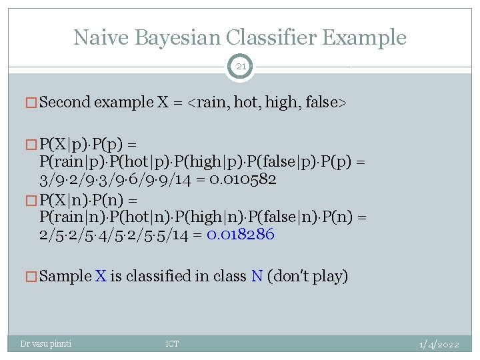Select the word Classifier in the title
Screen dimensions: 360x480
tap(282, 37)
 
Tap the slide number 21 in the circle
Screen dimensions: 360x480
tap(240, 66)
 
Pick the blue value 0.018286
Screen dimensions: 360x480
tap(241, 235)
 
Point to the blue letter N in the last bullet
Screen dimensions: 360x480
tap(257, 276)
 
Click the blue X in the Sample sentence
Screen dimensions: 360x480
tap(101, 276)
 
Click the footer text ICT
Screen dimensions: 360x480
tap(172, 344)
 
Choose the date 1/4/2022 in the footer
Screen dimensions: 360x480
tap(439, 344)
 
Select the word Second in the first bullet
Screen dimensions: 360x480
tap(65, 102)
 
